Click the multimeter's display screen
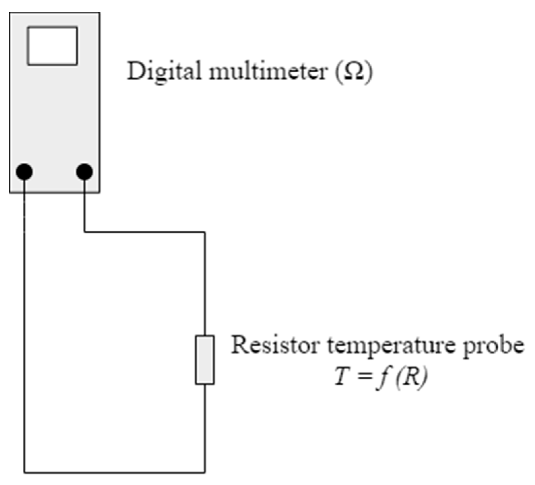coord(52,46)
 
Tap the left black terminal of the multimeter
coord(24,172)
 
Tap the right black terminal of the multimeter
coord(84,172)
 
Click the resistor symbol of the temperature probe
coord(205,360)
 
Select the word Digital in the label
coord(164,71)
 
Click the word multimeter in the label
coord(268,71)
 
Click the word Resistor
coord(275,345)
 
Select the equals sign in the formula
coord(362,377)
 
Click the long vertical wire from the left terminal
coord(24,330)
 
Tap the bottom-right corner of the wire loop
coord(205,472)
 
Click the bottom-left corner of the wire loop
coord(24,472)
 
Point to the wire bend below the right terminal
coord(84,232)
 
